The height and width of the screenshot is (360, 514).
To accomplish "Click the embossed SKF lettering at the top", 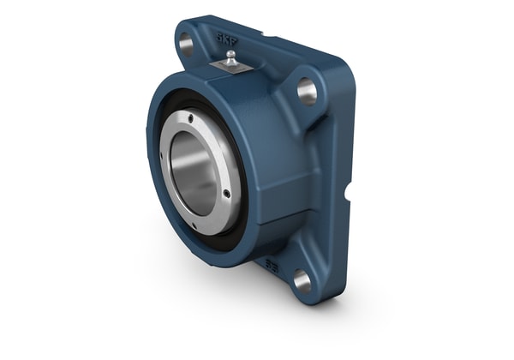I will pyautogui.click(x=228, y=39).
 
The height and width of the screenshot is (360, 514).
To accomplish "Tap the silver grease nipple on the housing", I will pyautogui.click(x=230, y=57).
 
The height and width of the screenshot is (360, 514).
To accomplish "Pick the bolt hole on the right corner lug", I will pyautogui.click(x=307, y=89).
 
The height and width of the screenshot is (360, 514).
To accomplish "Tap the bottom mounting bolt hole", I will pyautogui.click(x=302, y=279).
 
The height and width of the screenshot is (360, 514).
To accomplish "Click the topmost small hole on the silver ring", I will pyautogui.click(x=203, y=117).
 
